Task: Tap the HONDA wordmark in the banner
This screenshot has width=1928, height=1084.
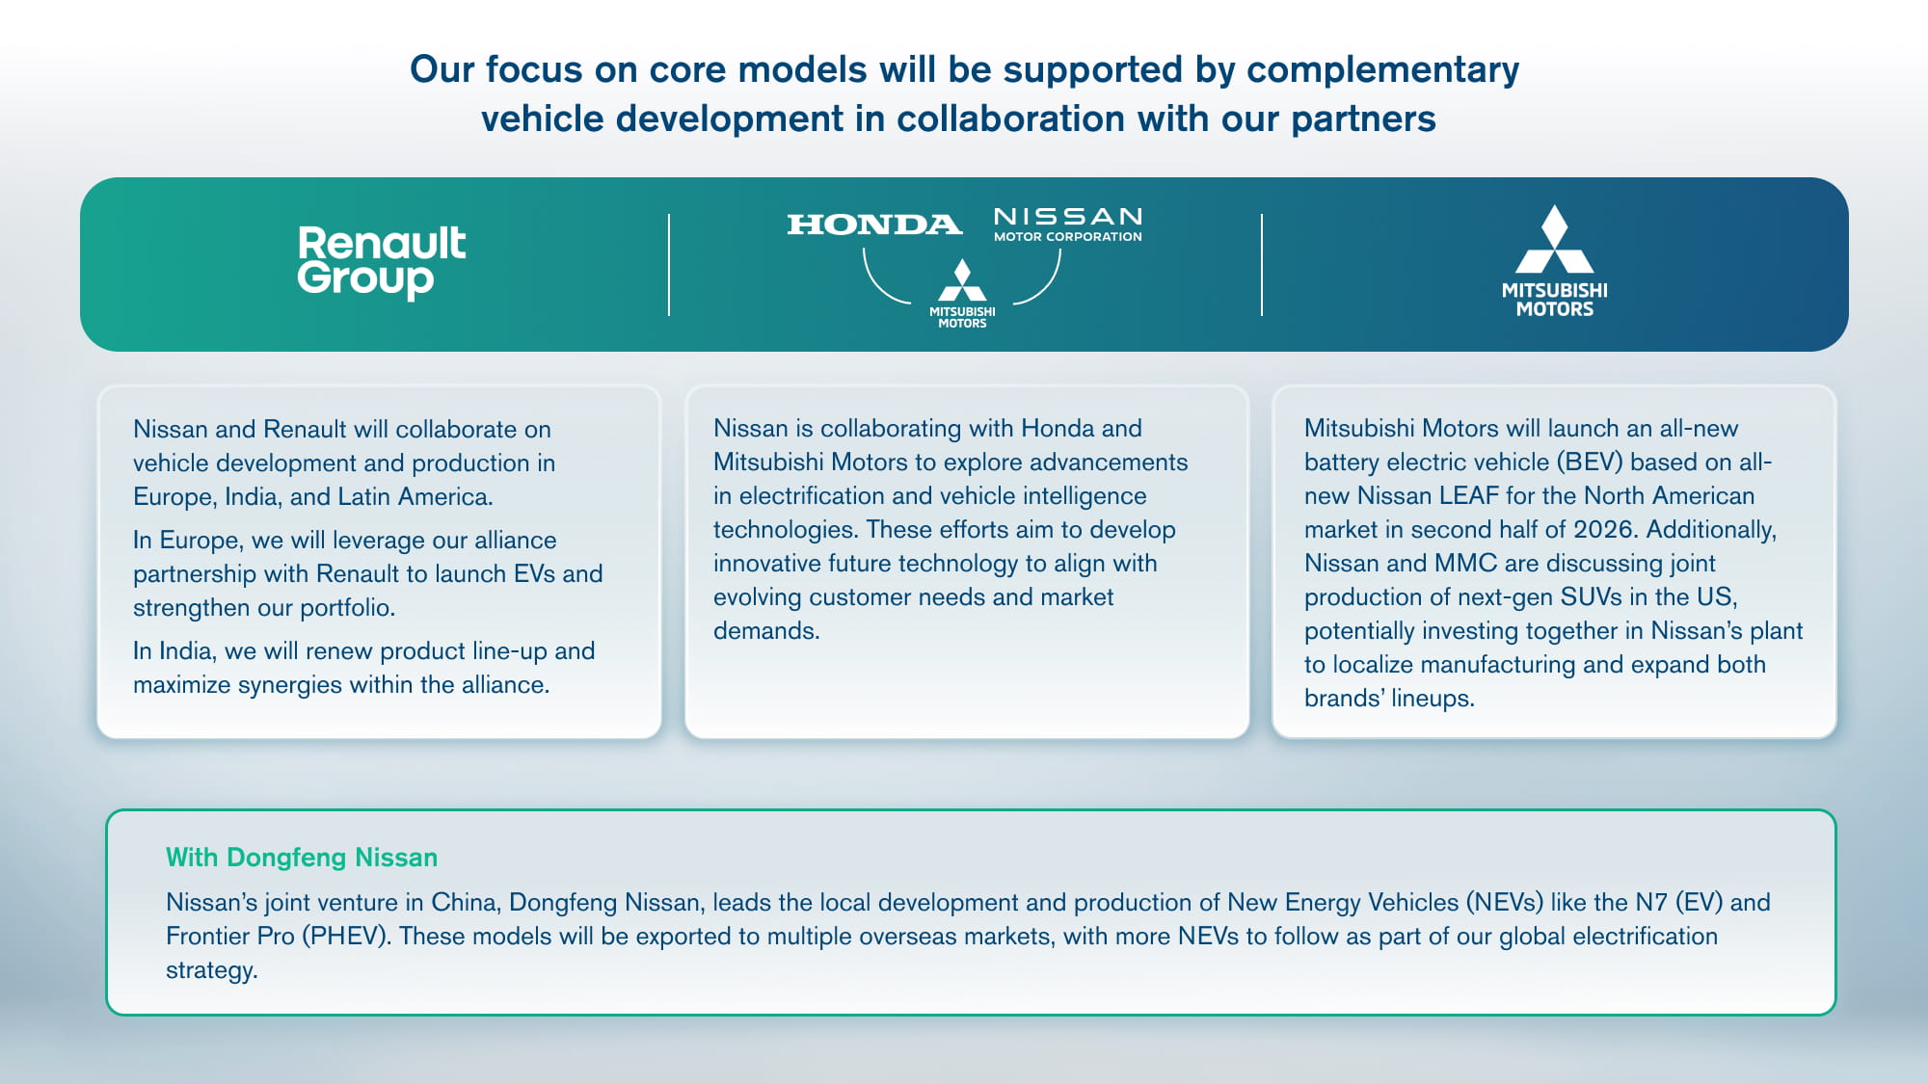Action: point(874,225)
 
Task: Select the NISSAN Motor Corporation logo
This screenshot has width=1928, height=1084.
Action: point(1068,224)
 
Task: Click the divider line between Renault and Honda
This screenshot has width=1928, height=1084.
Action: point(669,265)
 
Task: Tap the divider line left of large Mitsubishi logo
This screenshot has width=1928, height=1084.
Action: point(1261,265)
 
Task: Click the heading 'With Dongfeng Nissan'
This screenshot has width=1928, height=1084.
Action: point(302,857)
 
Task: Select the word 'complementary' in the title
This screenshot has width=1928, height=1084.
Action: point(1382,69)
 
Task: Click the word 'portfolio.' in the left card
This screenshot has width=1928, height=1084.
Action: point(348,607)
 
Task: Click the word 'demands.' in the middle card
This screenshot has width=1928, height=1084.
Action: point(766,630)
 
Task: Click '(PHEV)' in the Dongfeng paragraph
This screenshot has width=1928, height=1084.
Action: point(346,936)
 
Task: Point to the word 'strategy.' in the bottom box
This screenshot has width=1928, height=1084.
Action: point(212,969)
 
